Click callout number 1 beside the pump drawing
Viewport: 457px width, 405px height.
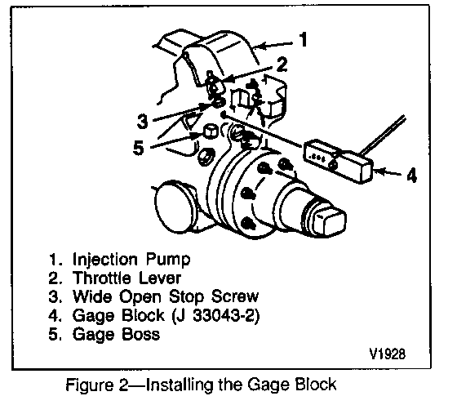point(304,39)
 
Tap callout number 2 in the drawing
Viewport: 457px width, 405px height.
point(282,65)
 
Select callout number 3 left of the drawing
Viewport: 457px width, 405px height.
point(143,121)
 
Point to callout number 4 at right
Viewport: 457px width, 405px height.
point(411,175)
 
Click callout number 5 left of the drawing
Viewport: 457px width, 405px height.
point(139,147)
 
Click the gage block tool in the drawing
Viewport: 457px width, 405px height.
point(338,161)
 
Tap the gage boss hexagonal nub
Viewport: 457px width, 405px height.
point(210,131)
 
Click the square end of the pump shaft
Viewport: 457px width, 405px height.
point(330,220)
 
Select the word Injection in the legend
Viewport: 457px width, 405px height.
point(104,259)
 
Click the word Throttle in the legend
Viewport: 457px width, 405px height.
point(102,278)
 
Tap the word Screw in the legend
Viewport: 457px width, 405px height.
point(235,296)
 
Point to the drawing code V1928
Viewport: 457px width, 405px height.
point(387,354)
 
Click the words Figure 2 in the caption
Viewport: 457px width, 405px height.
point(97,385)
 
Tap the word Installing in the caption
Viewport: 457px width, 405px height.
point(180,385)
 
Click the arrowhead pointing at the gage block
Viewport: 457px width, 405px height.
point(379,171)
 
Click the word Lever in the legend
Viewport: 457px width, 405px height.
point(159,278)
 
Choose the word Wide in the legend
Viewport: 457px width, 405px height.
point(92,296)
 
